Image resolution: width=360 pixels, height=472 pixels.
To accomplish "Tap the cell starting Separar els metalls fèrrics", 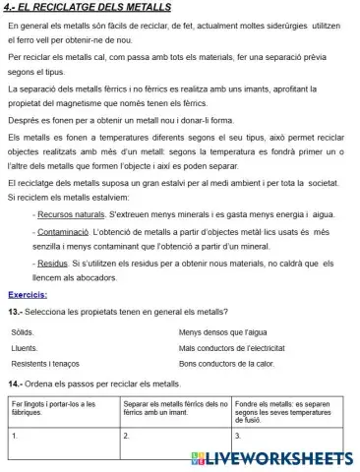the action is click(x=177, y=408).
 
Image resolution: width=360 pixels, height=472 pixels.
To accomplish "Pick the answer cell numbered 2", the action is click(x=177, y=438).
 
